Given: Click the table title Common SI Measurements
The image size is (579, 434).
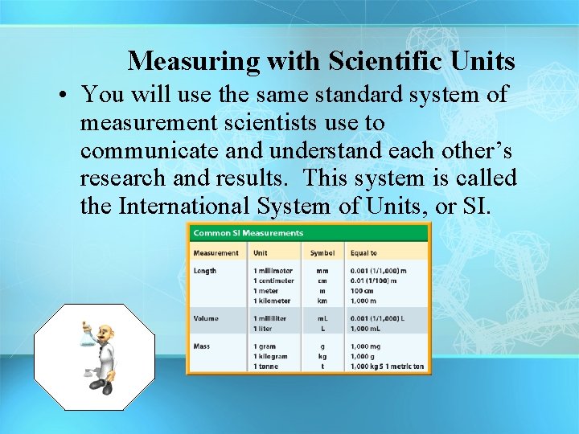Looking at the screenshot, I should pyautogui.click(x=248, y=233).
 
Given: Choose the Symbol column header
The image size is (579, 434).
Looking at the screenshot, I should pyautogui.click(x=322, y=253).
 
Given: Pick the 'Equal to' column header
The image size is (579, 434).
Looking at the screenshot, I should pyautogui.click(x=363, y=253).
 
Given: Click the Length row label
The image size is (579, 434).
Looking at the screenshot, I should pyautogui.click(x=205, y=271).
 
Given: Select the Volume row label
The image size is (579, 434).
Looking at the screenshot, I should pyautogui.click(x=206, y=318).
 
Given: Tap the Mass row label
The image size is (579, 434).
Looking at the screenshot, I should pyautogui.click(x=202, y=346).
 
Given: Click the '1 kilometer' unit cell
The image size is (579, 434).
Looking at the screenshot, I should pyautogui.click(x=273, y=300).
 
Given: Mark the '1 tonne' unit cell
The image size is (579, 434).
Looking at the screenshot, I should pyautogui.click(x=268, y=366).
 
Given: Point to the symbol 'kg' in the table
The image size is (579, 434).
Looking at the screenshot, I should pyautogui.click(x=322, y=356).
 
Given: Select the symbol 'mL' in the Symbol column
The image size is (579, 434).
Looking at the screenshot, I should pyautogui.click(x=322, y=318).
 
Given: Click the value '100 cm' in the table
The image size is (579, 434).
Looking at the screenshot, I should pyautogui.click(x=364, y=290).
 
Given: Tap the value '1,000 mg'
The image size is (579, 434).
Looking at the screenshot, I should pyautogui.click(x=367, y=346).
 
